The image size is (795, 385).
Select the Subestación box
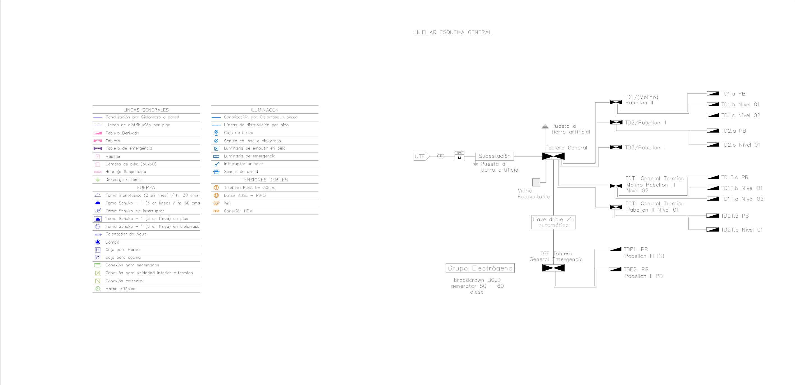494,156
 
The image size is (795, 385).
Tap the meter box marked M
459,157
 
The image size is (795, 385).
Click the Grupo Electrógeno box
480,268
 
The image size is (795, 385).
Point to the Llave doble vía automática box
553,222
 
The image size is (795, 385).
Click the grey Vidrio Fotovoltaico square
536,183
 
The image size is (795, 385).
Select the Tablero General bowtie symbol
553,156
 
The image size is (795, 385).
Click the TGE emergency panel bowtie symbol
553,268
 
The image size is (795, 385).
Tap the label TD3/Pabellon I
645,147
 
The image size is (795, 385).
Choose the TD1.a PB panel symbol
713,94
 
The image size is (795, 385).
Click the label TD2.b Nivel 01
740,145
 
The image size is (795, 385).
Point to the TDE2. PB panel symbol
615,269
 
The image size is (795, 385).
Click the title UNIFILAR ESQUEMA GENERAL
452,33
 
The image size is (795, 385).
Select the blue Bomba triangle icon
98,242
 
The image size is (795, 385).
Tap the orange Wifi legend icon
216,203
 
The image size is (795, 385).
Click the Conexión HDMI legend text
239,211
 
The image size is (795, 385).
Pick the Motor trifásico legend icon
98,289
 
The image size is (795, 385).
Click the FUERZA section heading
146,188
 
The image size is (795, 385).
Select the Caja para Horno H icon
98,250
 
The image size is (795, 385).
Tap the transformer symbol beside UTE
441,156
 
